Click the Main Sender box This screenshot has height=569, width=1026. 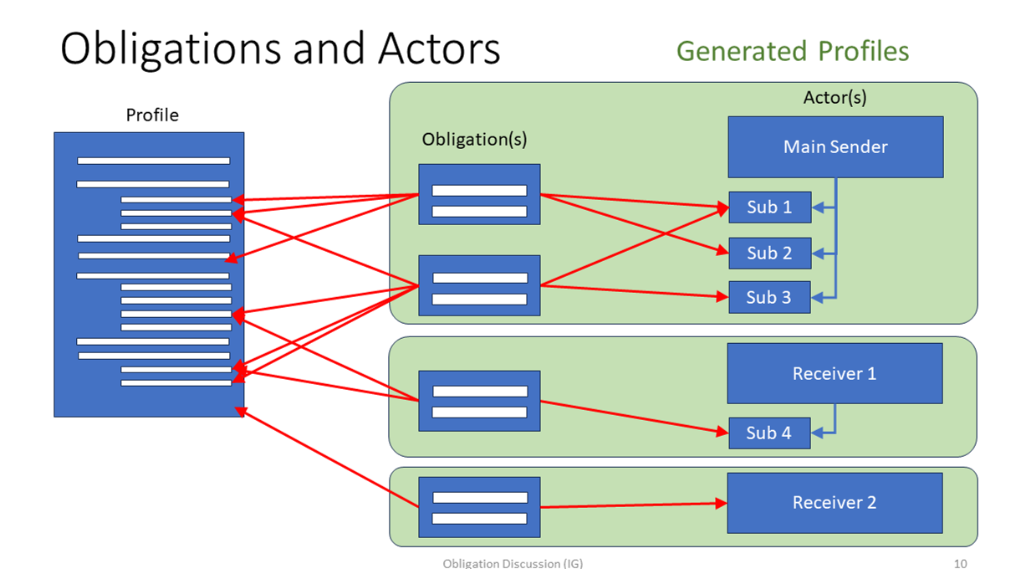835,147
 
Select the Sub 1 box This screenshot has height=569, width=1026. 769,208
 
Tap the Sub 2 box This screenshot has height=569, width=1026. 769,253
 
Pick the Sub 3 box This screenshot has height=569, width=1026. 769,297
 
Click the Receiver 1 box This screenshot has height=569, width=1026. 835,373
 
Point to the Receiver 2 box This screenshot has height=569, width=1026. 835,503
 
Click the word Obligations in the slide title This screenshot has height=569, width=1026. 171,49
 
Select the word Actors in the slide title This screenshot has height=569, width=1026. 439,49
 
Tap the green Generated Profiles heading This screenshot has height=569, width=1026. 792,51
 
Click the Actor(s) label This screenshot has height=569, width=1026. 835,97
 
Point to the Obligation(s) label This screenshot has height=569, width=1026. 474,139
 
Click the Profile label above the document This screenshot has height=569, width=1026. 152,115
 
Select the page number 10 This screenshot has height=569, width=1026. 960,563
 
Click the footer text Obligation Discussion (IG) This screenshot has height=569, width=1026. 513,563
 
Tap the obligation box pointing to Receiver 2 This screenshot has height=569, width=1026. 479,508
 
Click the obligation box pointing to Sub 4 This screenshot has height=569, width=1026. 479,401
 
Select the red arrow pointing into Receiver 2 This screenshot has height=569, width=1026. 636,505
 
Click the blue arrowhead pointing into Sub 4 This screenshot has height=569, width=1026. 819,433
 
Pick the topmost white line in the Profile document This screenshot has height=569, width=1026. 153,161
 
